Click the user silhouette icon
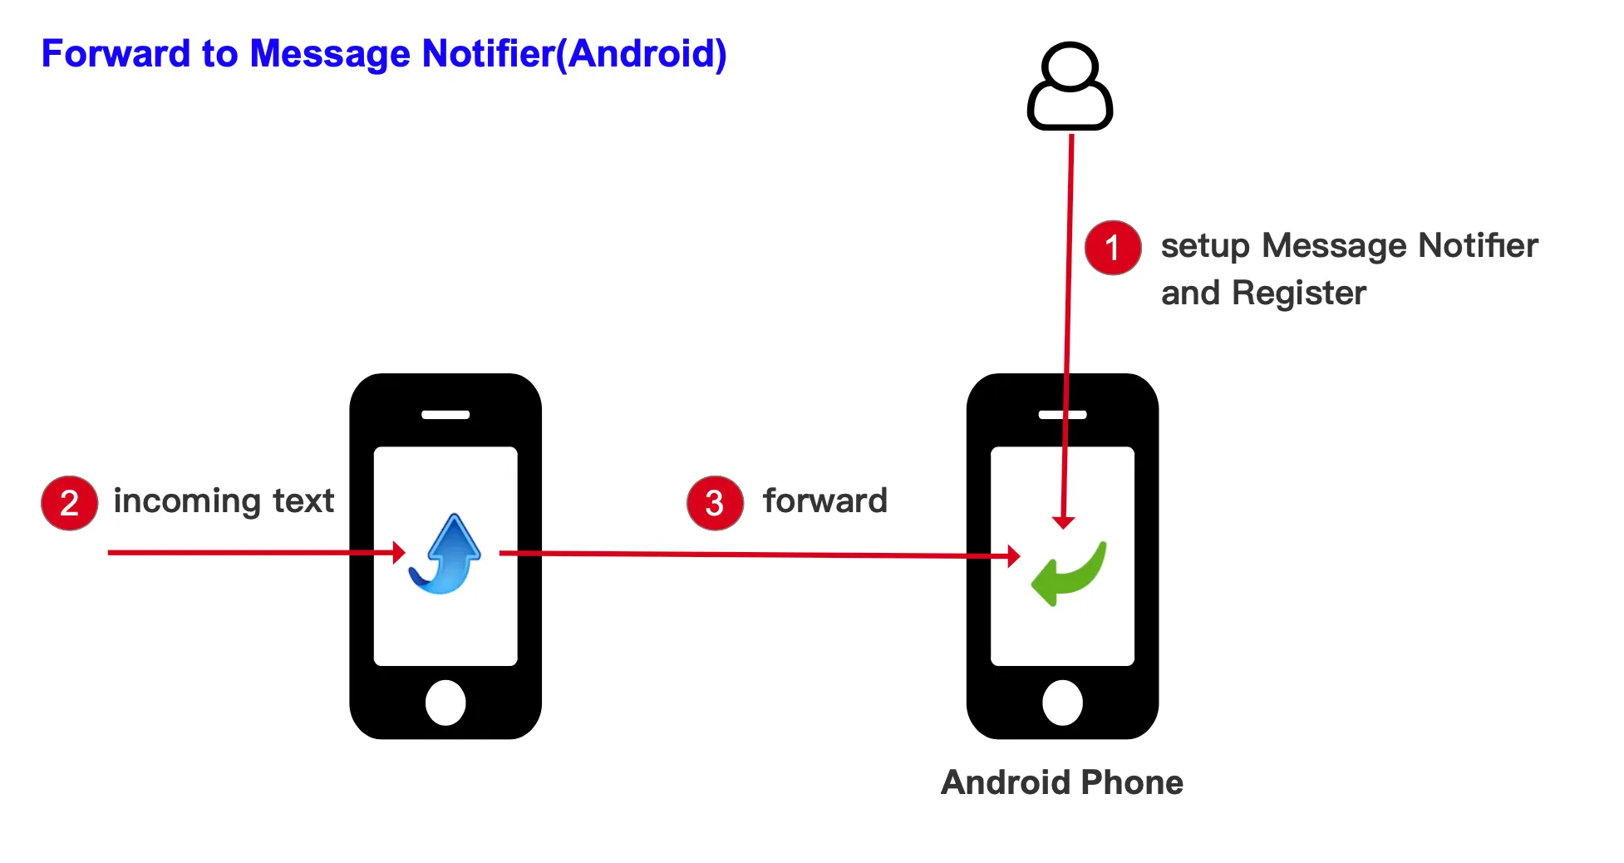pyautogui.click(x=1070, y=86)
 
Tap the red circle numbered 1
pyautogui.click(x=1113, y=248)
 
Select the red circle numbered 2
pyautogui.click(x=70, y=503)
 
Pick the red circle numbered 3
pyautogui.click(x=715, y=503)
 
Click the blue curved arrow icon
pyautogui.click(x=446, y=554)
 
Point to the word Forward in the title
pyautogui.click(x=116, y=54)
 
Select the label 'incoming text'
pyautogui.click(x=224, y=501)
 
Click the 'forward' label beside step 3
pyautogui.click(x=825, y=501)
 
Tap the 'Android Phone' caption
pyautogui.click(x=1062, y=782)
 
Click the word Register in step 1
pyautogui.click(x=1299, y=294)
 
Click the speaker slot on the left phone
pyautogui.click(x=445, y=414)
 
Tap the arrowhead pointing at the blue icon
pyautogui.click(x=399, y=553)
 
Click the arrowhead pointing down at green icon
pyautogui.click(x=1063, y=523)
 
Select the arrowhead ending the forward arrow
pyautogui.click(x=1014, y=556)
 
